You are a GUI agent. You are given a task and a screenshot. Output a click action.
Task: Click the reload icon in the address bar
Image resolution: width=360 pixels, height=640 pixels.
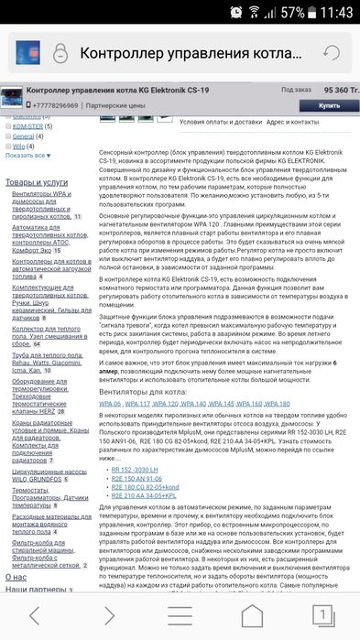coord(333,53)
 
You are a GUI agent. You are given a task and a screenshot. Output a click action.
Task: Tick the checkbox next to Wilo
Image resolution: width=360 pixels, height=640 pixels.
coord(10,145)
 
